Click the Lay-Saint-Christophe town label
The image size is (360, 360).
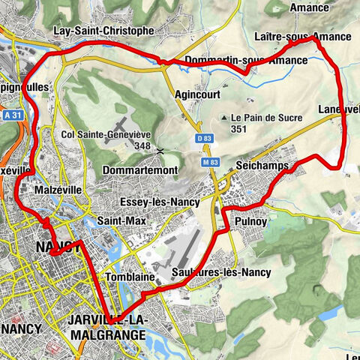pos(103,31)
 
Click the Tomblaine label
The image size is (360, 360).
pos(136,277)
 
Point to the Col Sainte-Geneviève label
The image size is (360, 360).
pos(106,134)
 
